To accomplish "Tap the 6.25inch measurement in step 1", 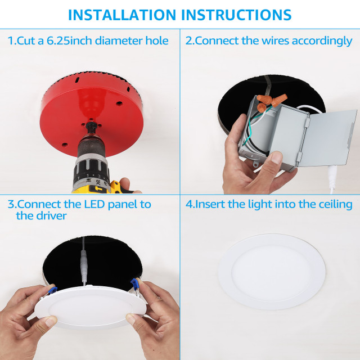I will click(x=69, y=40).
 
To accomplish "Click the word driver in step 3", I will click(x=50, y=215).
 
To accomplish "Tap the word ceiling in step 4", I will click(x=334, y=204).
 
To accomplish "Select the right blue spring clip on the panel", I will click(x=135, y=286).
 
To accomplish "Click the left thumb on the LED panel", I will click(x=45, y=322).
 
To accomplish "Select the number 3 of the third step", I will click(x=11, y=204).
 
